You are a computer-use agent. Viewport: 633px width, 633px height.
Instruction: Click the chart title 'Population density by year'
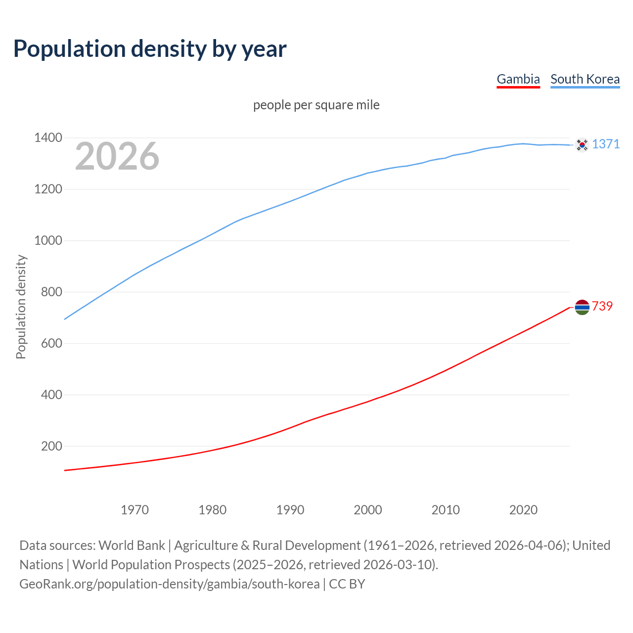[150, 49]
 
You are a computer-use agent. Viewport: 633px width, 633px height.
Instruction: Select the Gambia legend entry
[518, 79]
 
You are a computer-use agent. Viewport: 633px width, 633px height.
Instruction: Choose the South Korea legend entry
[585, 79]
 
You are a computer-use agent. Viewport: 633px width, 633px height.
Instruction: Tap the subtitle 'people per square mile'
[316, 105]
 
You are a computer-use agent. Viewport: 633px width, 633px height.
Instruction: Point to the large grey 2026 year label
[117, 156]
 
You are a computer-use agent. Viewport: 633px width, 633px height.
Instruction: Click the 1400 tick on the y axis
[48, 137]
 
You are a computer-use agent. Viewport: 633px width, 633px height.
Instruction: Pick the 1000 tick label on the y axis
[48, 240]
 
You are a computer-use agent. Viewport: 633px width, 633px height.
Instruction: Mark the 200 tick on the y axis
[51, 446]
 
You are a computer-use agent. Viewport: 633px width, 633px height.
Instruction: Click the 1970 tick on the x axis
[135, 509]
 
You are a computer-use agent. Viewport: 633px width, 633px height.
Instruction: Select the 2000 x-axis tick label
[367, 509]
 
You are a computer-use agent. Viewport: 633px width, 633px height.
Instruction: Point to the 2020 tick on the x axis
[523, 509]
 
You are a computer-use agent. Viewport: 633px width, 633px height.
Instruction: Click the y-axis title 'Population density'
[21, 307]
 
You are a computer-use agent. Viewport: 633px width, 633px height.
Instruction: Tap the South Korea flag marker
[582, 145]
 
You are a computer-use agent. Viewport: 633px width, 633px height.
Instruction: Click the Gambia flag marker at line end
[582, 307]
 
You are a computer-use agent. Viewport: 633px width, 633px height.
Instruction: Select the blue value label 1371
[605, 144]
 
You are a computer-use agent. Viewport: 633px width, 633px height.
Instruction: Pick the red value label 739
[602, 306]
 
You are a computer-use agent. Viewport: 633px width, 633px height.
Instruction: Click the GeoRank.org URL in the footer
[169, 584]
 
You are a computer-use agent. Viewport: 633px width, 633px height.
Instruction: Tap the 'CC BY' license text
[347, 584]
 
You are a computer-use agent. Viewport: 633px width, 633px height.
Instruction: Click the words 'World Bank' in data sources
[132, 545]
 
